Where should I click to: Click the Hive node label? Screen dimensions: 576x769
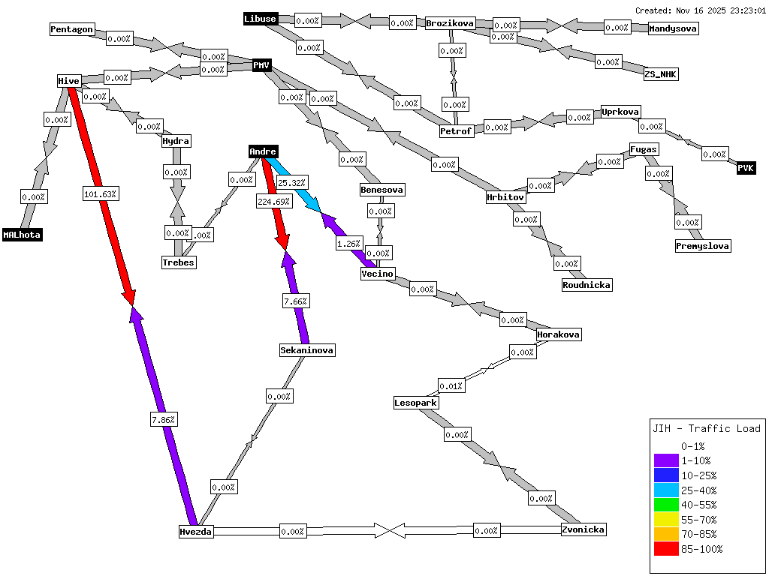pos(68,81)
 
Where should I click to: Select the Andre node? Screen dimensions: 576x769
pos(263,151)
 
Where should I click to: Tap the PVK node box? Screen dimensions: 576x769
pos(746,168)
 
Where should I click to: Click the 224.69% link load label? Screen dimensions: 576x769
pos(273,201)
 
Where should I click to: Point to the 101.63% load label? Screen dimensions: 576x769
pos(101,193)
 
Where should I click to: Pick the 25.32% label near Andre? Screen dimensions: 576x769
pos(291,182)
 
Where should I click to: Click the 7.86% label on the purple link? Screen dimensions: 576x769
pos(163,420)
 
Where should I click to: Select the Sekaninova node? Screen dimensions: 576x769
pos(306,350)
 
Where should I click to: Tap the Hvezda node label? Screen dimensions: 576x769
pos(196,532)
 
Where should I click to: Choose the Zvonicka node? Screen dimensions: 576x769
pos(583,529)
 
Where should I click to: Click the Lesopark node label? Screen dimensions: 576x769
pos(416,403)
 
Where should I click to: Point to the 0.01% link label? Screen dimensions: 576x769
pos(451,385)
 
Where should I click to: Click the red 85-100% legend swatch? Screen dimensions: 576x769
pos(665,549)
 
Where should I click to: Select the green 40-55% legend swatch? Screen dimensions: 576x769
pos(665,505)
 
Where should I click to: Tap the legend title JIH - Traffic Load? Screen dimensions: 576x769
pos(706,429)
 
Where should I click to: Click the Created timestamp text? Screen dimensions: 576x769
pos(700,10)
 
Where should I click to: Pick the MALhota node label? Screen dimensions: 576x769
pos(22,235)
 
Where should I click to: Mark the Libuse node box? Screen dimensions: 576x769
pos(261,19)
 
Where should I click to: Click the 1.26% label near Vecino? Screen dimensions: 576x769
pos(349,243)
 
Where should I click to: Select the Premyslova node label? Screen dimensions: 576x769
pos(702,246)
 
